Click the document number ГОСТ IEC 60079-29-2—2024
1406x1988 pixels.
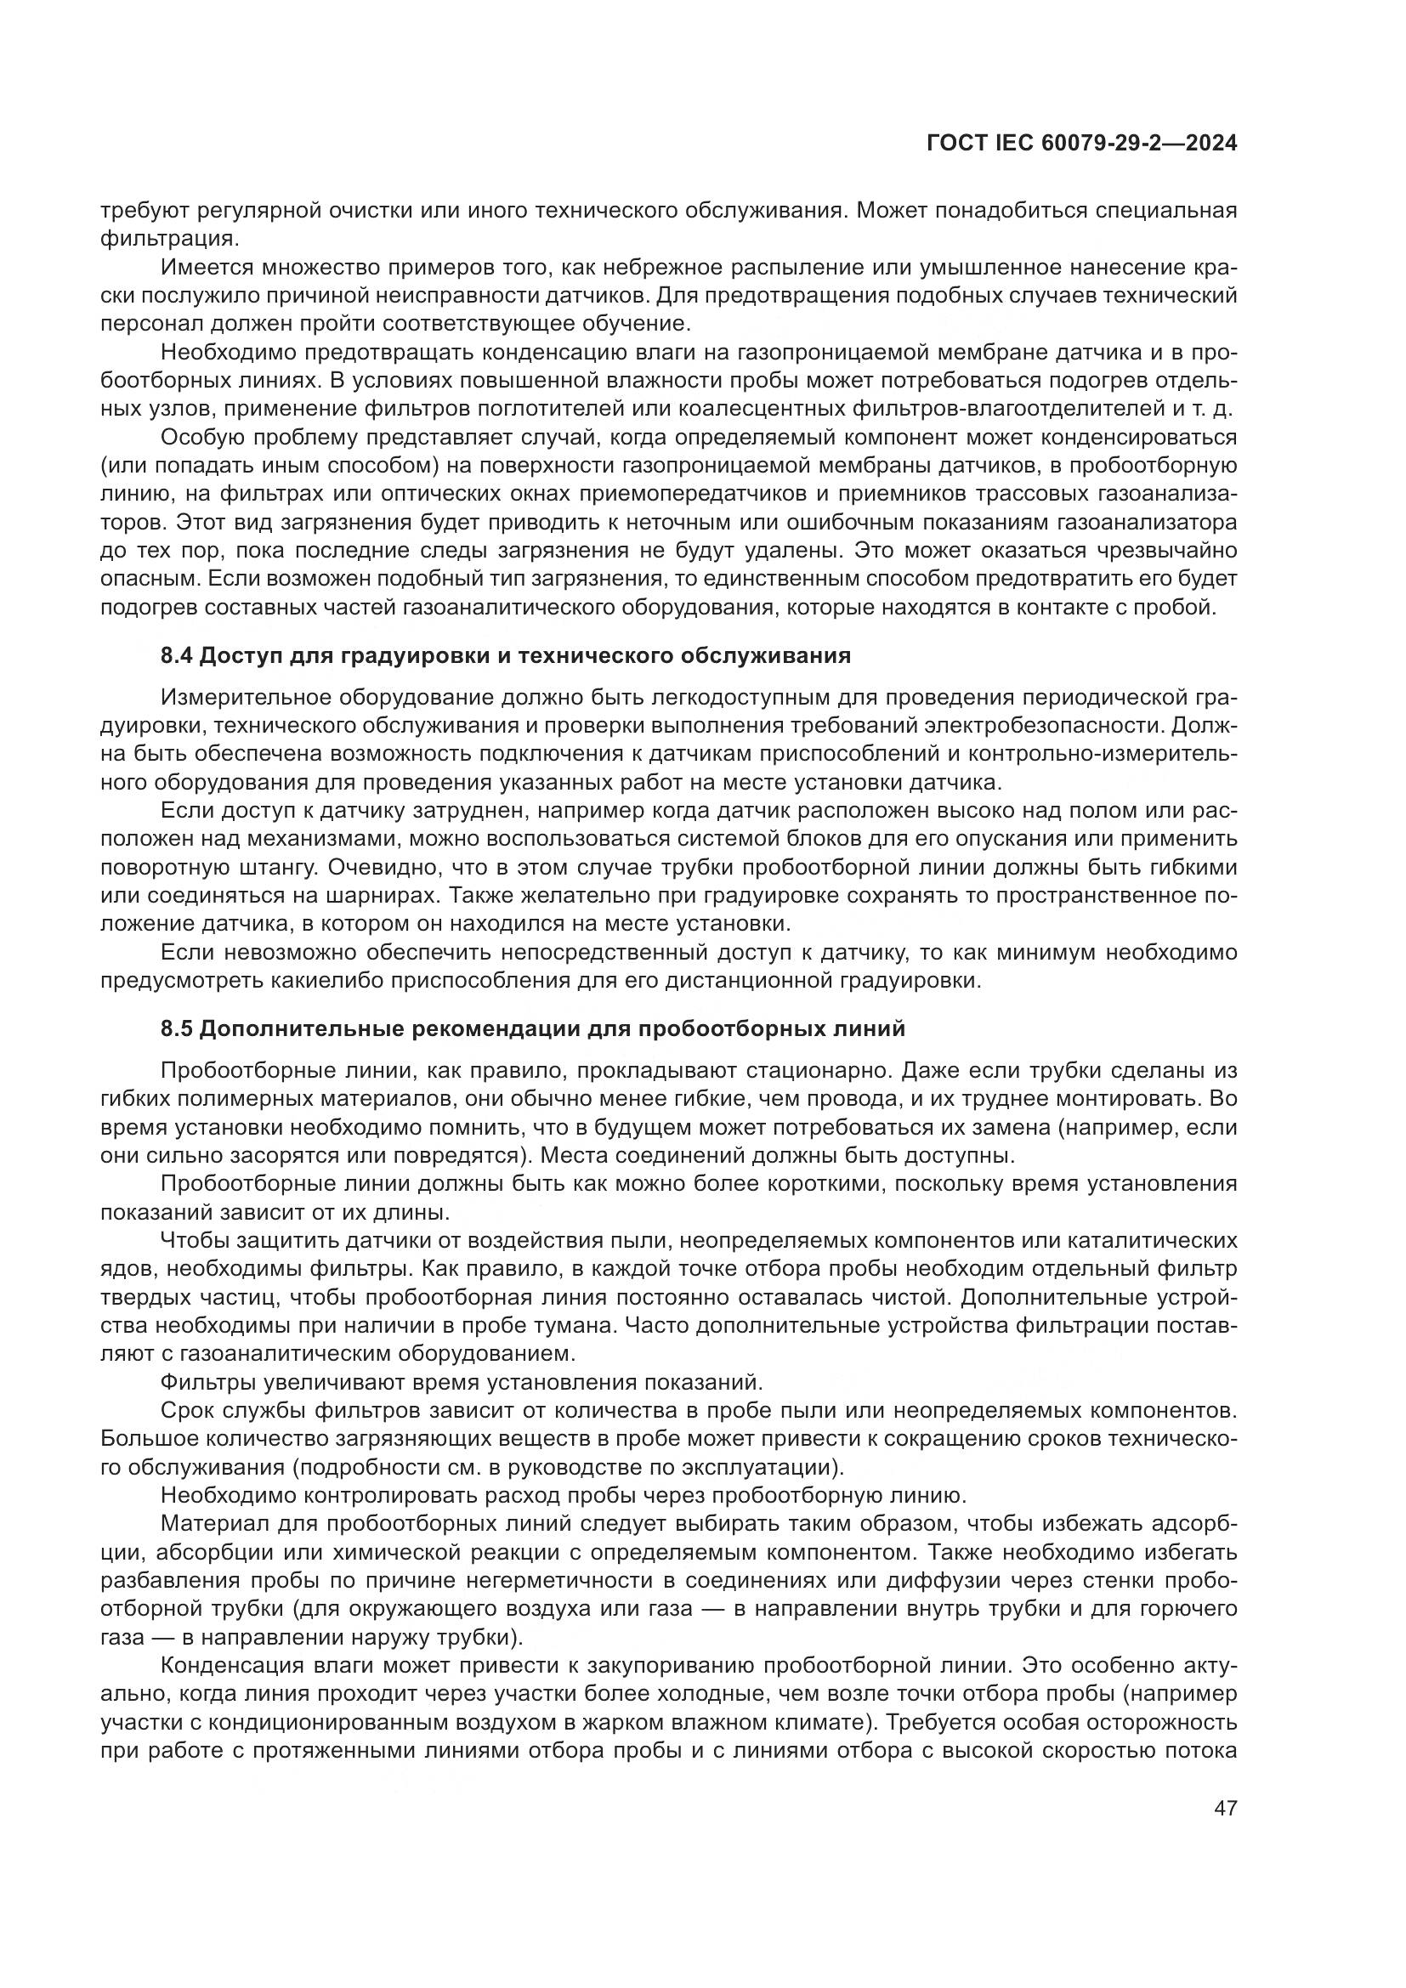tap(1081, 144)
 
